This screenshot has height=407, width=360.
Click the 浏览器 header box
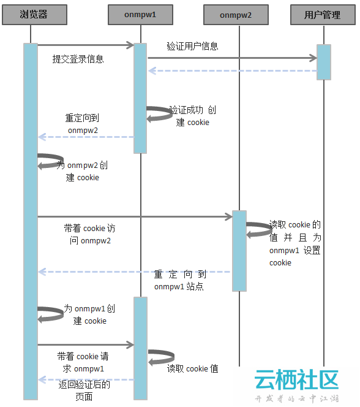(x=34, y=15)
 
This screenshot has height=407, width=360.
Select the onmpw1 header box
(x=140, y=15)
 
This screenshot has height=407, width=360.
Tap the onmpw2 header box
(x=236, y=15)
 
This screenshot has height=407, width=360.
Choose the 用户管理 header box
(x=323, y=15)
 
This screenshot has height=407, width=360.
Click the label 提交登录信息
(x=78, y=59)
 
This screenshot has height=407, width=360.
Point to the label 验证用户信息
(x=192, y=46)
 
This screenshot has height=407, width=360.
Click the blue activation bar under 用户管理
(x=324, y=62)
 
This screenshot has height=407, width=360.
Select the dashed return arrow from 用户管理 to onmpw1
(x=232, y=70)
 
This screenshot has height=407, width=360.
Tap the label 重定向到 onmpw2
(x=83, y=124)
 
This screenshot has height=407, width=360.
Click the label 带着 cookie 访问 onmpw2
(x=89, y=234)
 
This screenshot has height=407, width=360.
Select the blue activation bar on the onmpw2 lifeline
(x=239, y=251)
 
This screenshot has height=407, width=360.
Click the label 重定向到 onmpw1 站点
(x=180, y=280)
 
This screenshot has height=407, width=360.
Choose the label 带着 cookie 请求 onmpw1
(x=83, y=362)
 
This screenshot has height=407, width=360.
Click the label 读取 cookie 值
(x=193, y=368)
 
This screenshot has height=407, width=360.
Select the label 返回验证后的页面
(x=84, y=390)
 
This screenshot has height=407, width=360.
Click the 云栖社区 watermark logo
(x=297, y=385)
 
